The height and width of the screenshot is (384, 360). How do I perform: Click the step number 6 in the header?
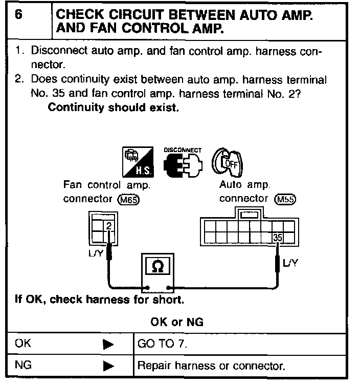[x=19, y=15]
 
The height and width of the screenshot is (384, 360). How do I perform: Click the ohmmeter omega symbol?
[x=158, y=267]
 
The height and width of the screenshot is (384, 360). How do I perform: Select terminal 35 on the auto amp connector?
[x=278, y=238]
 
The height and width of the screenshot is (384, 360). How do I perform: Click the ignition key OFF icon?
[x=226, y=165]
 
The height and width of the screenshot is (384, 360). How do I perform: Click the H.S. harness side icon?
[x=136, y=163]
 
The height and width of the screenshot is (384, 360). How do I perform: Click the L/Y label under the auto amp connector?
[x=291, y=263]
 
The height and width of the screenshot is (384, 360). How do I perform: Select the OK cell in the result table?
[x=24, y=344]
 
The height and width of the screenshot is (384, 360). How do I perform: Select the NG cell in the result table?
[x=24, y=366]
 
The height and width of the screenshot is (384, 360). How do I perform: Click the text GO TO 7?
[x=163, y=344]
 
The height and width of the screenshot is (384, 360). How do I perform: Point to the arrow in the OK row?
[x=108, y=344]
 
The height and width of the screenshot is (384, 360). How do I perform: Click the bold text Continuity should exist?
[x=113, y=108]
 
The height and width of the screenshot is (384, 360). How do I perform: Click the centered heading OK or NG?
[x=177, y=322]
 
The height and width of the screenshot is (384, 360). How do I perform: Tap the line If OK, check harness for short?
[x=99, y=299]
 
